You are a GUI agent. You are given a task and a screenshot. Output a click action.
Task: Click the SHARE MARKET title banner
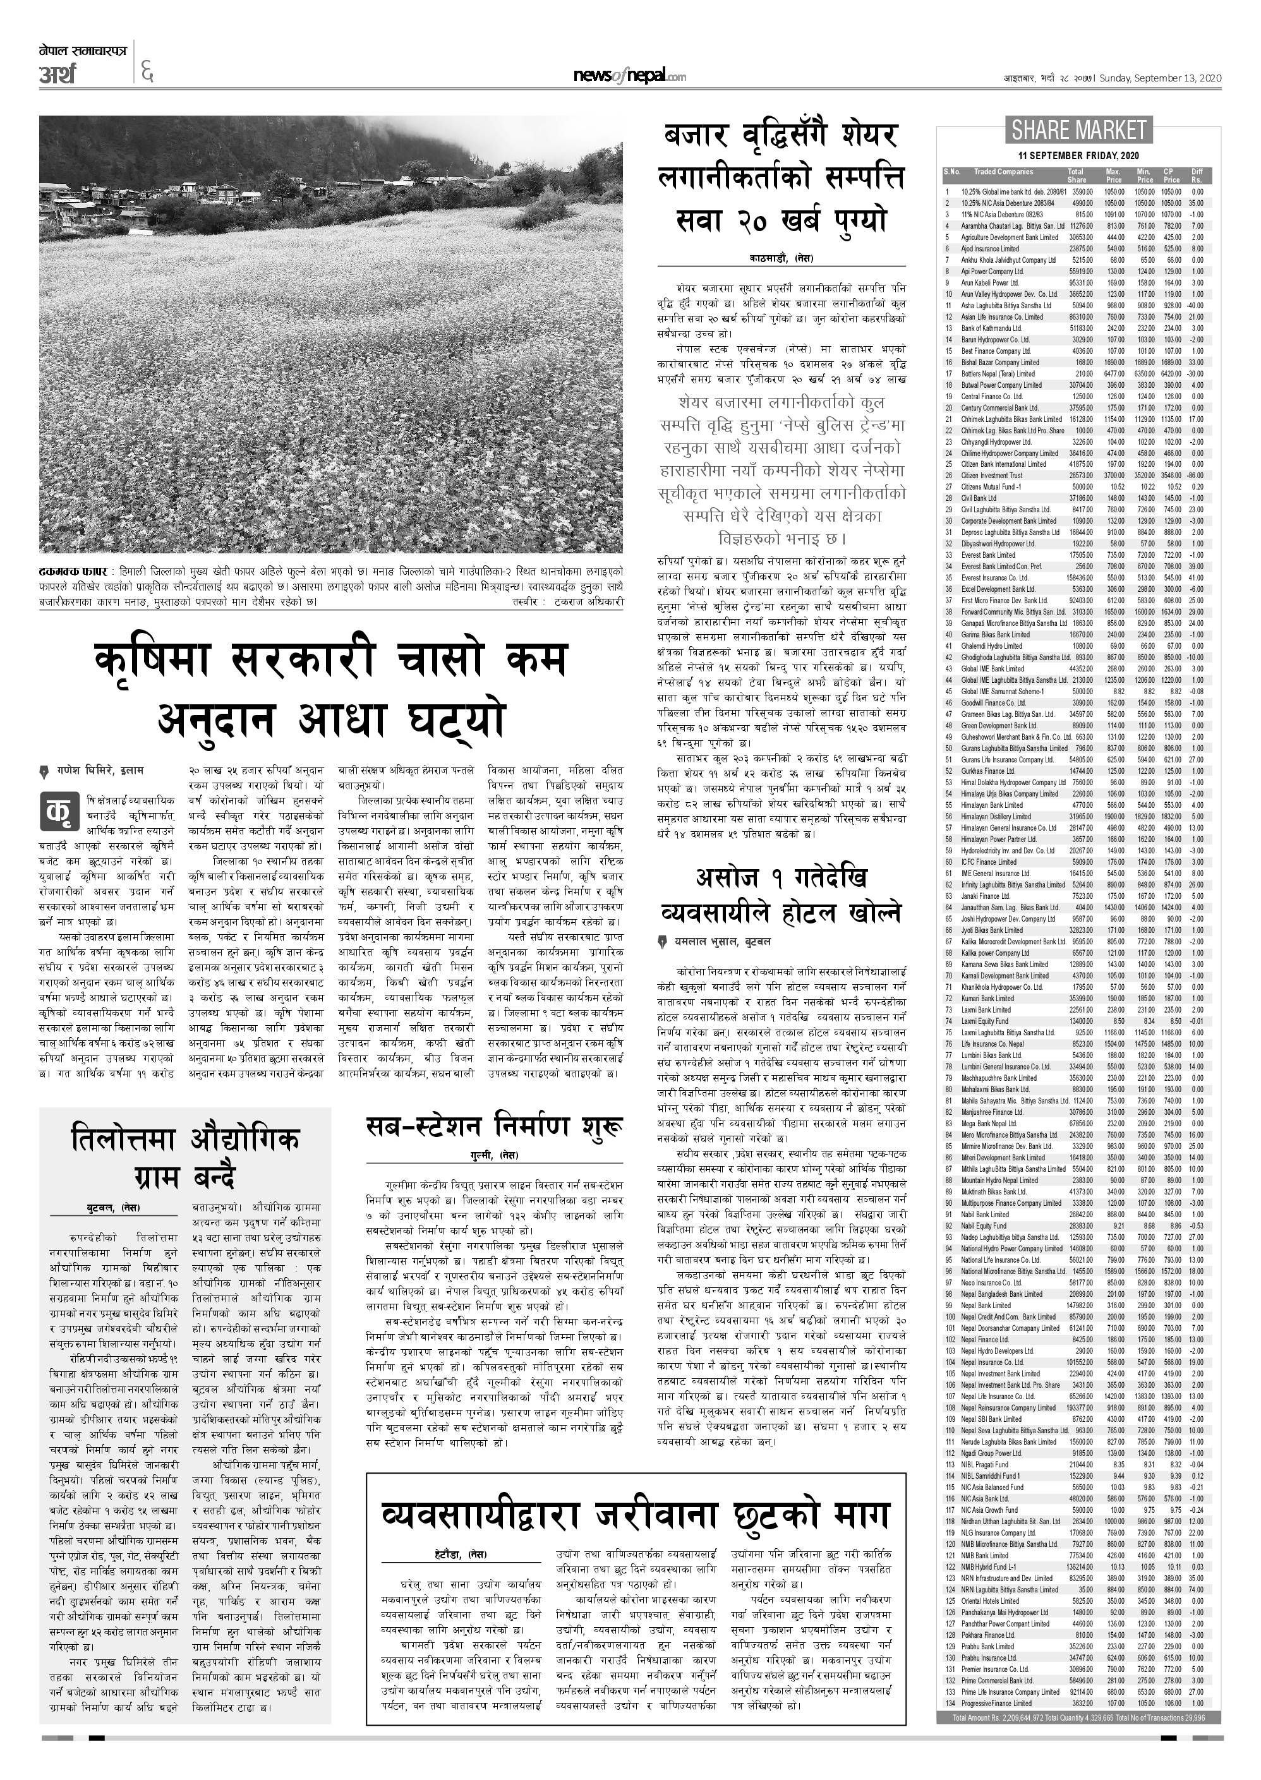(1078, 129)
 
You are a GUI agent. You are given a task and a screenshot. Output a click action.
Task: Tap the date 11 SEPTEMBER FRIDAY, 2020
(1078, 155)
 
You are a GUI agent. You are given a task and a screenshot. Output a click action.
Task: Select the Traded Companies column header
(1003, 172)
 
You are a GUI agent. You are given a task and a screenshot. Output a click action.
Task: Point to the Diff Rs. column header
(1197, 176)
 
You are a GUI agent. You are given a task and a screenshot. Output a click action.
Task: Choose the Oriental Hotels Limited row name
(990, 1601)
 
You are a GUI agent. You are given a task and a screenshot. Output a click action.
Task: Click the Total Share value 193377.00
(1079, 1407)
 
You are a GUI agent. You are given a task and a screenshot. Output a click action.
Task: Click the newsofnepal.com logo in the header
(629, 76)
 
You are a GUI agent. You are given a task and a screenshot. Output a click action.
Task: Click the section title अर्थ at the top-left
(58, 75)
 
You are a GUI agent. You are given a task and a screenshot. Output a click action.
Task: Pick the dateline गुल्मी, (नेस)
(495, 1156)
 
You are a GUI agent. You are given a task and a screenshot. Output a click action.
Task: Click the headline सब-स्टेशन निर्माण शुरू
(494, 1126)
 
